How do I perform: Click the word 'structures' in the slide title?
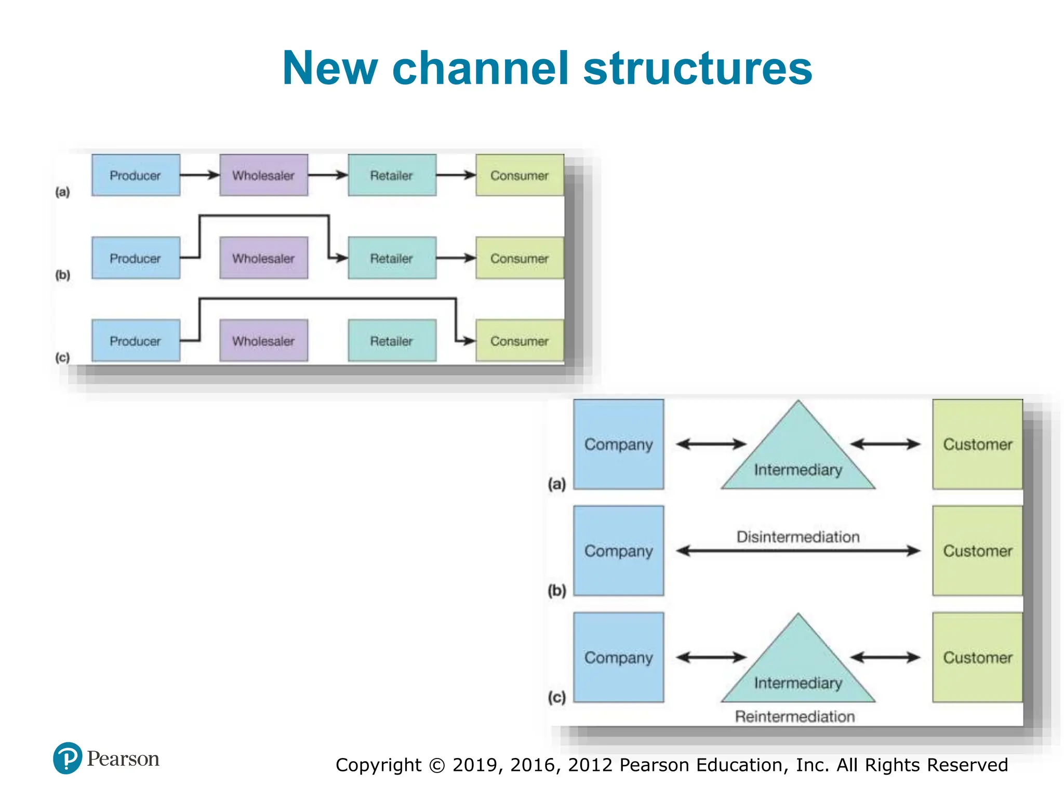tap(697, 69)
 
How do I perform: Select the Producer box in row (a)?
tap(136, 175)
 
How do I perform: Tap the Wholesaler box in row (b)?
tap(263, 258)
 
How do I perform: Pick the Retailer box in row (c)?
tap(392, 341)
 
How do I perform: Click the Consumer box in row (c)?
tap(520, 341)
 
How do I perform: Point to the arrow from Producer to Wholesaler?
tap(199, 175)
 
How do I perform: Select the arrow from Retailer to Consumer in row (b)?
tap(456, 258)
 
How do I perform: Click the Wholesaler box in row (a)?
tap(263, 175)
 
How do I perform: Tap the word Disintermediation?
tap(797, 537)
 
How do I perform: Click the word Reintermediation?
tap(794, 716)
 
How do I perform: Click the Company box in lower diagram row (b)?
tap(618, 551)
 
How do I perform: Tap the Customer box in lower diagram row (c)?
tap(977, 657)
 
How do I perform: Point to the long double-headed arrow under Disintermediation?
tap(798, 551)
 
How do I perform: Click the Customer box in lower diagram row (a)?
tap(977, 444)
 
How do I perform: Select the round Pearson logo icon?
tap(68, 758)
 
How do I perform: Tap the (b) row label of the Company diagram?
tap(557, 591)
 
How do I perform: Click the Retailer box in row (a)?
tap(392, 175)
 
